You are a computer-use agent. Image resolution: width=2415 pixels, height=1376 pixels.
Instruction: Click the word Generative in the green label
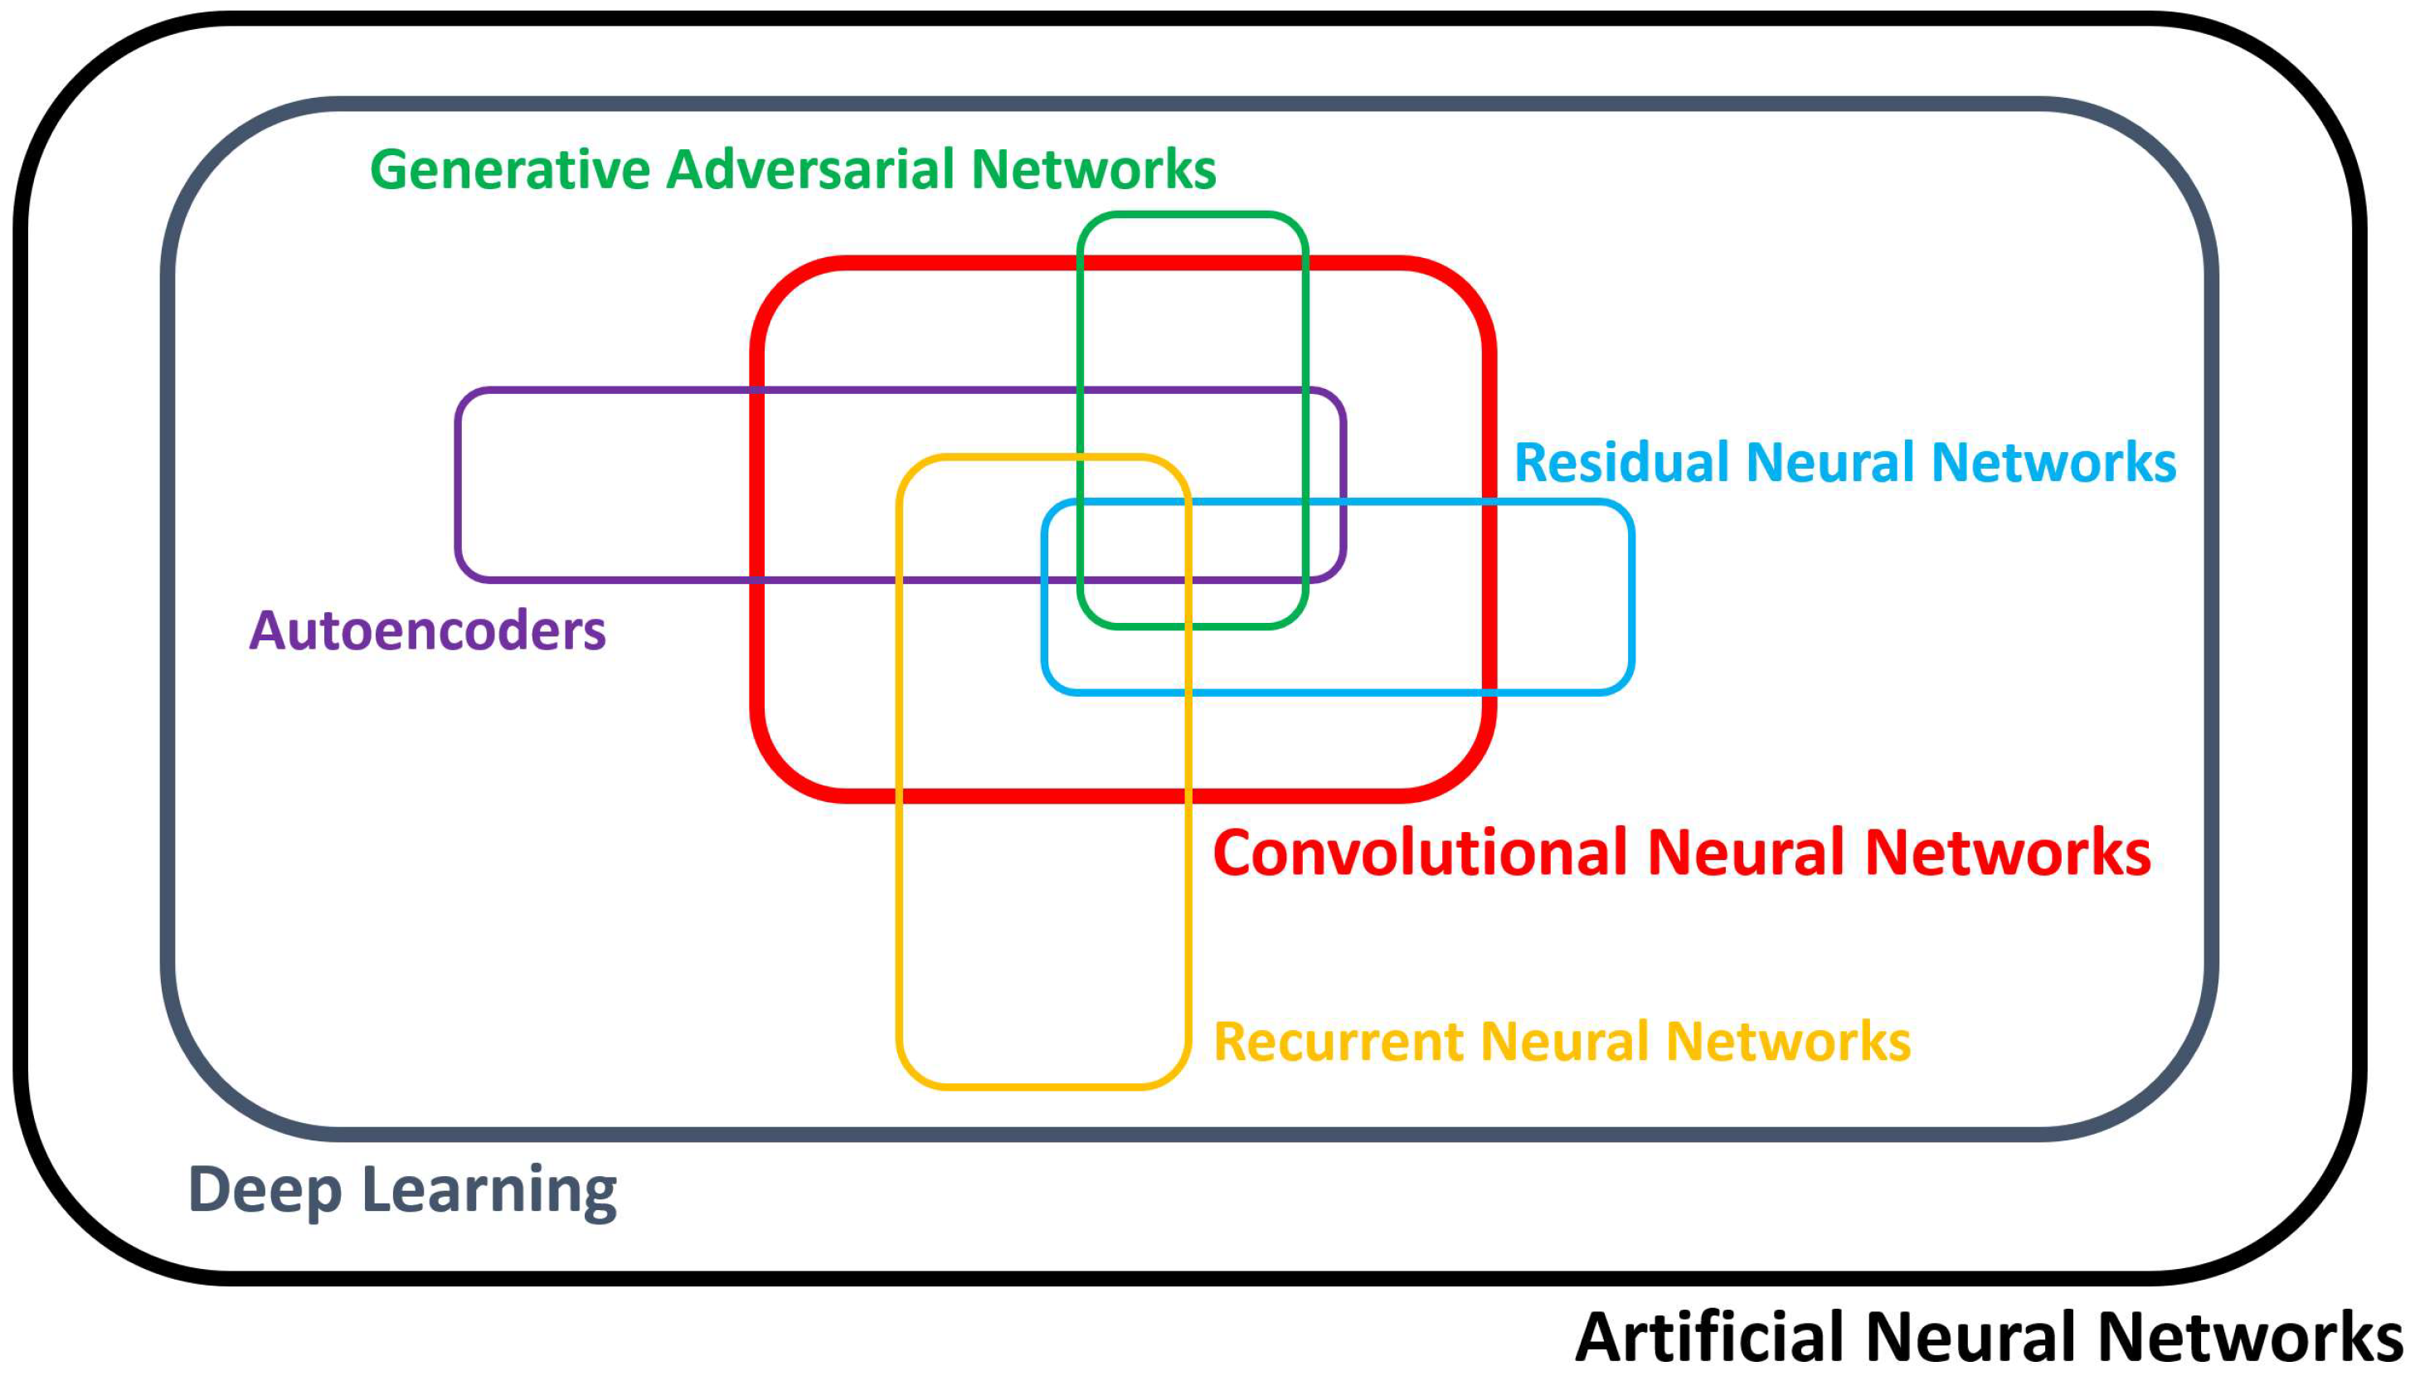click(510, 170)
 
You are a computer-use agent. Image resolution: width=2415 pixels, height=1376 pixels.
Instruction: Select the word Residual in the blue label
click(1621, 463)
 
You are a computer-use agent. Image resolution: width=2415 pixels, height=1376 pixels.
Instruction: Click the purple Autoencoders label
click(427, 631)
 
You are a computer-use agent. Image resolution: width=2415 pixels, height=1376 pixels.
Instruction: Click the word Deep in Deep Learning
click(265, 1191)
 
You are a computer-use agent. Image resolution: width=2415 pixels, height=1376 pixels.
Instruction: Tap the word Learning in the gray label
click(489, 1191)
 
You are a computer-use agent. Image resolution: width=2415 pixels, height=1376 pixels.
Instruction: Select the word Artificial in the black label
click(1710, 1337)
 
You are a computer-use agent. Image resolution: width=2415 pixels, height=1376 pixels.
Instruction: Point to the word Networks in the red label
click(2008, 853)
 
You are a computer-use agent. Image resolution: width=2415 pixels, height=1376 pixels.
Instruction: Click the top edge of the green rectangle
click(1193, 216)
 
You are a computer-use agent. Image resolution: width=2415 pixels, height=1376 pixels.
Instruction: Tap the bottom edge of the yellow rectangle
click(1043, 1086)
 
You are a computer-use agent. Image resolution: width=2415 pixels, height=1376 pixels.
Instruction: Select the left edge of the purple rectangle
click(459, 484)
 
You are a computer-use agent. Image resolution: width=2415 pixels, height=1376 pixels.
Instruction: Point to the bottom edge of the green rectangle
click(1193, 625)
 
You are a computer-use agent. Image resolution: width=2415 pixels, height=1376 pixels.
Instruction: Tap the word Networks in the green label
click(1093, 170)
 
